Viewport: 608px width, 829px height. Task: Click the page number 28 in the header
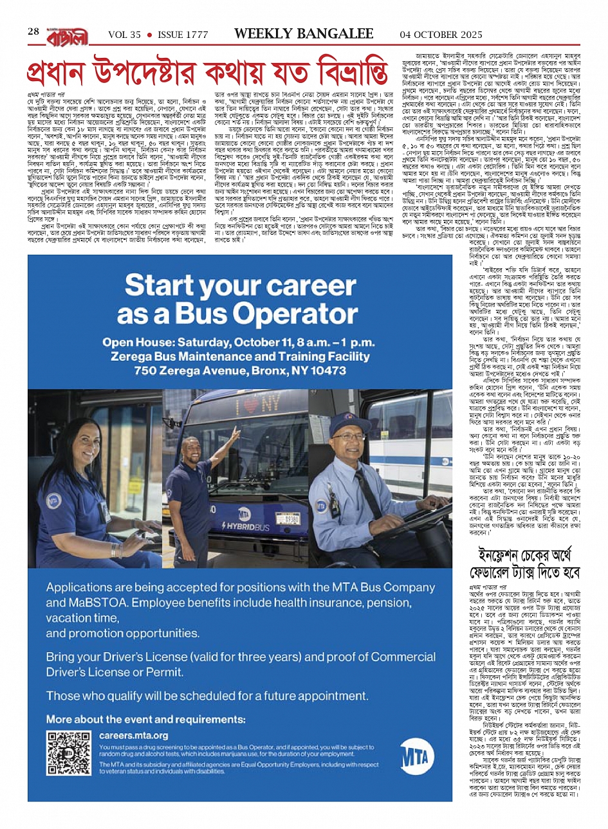[33, 32]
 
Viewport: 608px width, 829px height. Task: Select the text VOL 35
[124, 35]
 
